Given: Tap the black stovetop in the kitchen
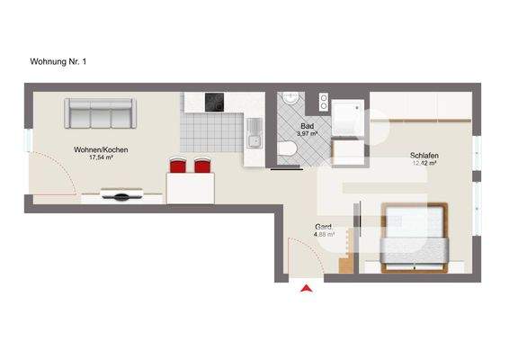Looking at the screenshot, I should [215, 102].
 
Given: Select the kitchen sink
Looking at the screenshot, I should [254, 139].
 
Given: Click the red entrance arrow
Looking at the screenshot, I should [307, 288].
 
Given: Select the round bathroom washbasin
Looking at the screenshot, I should [290, 99].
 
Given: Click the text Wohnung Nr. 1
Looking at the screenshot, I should [58, 62].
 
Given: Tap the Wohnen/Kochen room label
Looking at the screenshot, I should [94, 148].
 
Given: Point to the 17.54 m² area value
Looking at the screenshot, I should [94, 157].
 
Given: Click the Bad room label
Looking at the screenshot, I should [308, 127].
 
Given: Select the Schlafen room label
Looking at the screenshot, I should [424, 155].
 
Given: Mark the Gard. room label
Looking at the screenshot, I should [323, 226].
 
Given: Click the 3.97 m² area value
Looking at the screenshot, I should [308, 135].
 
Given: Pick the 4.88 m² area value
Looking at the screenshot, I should [324, 235].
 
